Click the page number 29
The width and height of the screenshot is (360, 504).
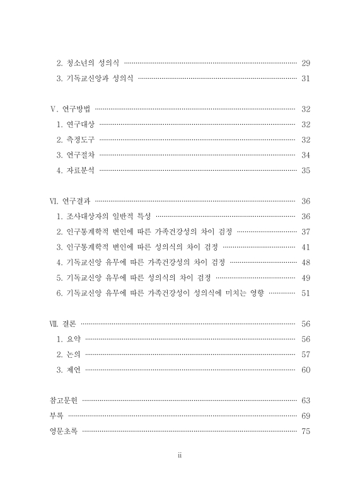tap(306, 63)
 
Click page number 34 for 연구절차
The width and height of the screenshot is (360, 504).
tap(306, 155)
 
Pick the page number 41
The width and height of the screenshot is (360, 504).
tap(306, 247)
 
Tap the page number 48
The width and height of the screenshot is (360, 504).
tap(306, 262)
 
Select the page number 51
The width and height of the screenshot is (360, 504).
tap(306, 293)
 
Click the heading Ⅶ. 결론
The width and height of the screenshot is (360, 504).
tap(63, 324)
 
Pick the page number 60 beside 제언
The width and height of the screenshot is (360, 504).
tap(306, 370)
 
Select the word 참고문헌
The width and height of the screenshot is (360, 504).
tap(64, 400)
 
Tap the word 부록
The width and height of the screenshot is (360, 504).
tap(56, 416)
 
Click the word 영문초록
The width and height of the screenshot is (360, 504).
tap(64, 431)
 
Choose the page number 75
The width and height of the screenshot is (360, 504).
tap(306, 431)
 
